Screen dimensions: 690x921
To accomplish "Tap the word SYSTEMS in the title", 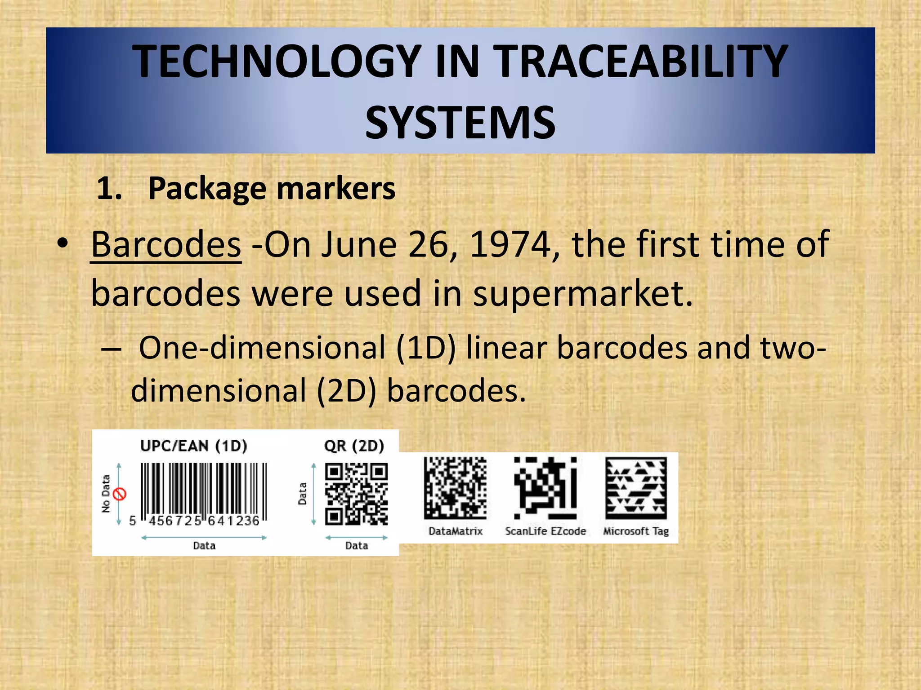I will pyautogui.click(x=460, y=122).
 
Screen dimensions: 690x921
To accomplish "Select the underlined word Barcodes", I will pyautogui.click(x=166, y=244).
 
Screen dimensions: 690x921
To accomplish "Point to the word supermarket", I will pyautogui.click(x=583, y=293).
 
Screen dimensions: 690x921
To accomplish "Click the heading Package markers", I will pyautogui.click(x=271, y=188).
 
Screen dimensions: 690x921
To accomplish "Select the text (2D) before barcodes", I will pyautogui.click(x=346, y=390).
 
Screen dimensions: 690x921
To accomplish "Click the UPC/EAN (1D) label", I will pyautogui.click(x=193, y=446).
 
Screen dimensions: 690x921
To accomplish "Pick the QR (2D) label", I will pyautogui.click(x=354, y=446).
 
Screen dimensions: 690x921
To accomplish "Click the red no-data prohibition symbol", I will pyautogui.click(x=120, y=494).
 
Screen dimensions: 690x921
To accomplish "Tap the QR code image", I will pyautogui.click(x=356, y=495).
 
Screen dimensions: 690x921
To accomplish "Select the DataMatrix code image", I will pyautogui.click(x=455, y=488).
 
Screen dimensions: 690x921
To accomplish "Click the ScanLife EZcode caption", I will pyautogui.click(x=545, y=531).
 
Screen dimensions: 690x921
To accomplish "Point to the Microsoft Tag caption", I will pyautogui.click(x=635, y=531).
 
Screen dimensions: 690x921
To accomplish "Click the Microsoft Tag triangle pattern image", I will pyautogui.click(x=636, y=488).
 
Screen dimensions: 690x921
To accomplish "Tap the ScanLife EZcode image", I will pyautogui.click(x=545, y=488).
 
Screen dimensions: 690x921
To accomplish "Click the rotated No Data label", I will pyautogui.click(x=106, y=494).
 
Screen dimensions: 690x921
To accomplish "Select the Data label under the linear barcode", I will pyautogui.click(x=204, y=546).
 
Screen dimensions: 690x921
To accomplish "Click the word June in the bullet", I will pyautogui.click(x=359, y=244).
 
